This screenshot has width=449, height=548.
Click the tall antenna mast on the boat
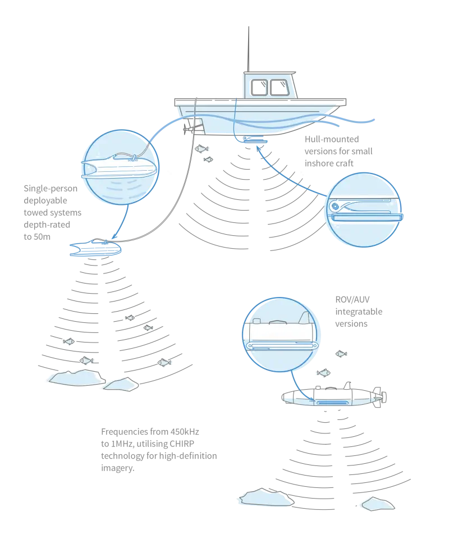tap(249, 49)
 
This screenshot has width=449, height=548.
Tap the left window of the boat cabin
tap(259, 88)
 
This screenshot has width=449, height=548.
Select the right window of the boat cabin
tap(280, 88)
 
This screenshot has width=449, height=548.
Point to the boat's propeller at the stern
tap(186, 129)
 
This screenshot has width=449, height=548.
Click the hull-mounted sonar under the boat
tap(255, 140)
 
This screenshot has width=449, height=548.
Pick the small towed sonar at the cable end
tap(95, 248)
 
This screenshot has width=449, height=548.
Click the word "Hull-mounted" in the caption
tap(332, 139)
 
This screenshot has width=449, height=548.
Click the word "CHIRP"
tap(182, 444)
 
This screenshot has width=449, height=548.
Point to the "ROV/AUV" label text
tap(352, 299)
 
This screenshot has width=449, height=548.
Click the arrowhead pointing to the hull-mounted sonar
tap(259, 148)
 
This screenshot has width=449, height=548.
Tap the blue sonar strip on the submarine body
tap(332, 403)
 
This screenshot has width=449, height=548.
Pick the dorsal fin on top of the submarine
tap(347, 386)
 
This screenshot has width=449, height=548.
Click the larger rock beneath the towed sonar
tap(77, 378)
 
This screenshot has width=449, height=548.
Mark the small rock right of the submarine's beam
tap(378, 504)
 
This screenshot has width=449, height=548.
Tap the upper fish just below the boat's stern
tap(201, 149)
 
